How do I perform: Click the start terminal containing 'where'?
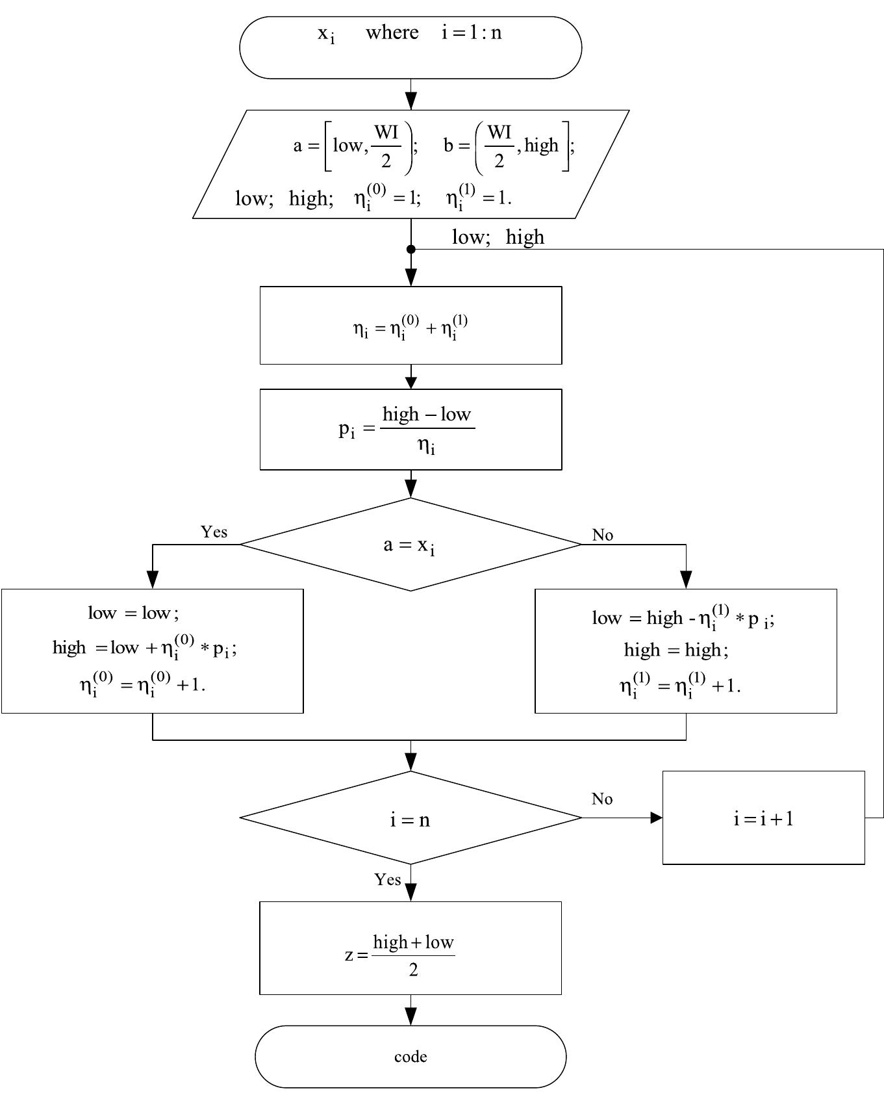410,48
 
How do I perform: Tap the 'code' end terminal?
410,1057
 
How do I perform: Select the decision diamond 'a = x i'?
410,545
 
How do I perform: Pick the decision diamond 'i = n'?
410,818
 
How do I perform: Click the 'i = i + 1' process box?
763,818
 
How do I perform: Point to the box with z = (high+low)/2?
410,948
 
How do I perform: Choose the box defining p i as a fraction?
410,430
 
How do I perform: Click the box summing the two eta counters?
410,326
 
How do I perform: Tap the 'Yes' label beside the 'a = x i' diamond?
214,532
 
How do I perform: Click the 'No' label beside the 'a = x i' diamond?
602,535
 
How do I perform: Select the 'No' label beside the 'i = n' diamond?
602,799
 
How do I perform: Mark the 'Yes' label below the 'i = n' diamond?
388,879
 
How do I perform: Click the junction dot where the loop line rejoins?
411,249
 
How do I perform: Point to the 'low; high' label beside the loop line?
498,237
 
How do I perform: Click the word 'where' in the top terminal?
392,32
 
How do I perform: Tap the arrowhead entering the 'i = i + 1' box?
657,818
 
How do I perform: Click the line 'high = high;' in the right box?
676,650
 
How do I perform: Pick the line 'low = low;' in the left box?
133,613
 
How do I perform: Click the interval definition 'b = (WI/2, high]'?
509,146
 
